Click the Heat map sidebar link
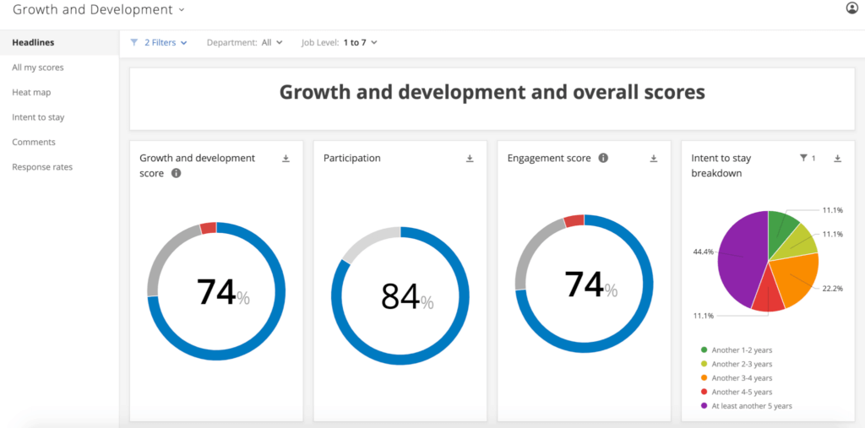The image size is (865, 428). [31, 92]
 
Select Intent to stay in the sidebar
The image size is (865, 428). [38, 117]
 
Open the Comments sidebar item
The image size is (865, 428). [34, 142]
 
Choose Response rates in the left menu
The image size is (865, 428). [42, 167]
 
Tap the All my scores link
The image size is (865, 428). [38, 68]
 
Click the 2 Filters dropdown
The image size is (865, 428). [159, 42]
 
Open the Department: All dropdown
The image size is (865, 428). [244, 42]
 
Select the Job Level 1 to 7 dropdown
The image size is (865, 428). [339, 42]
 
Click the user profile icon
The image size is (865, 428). [851, 8]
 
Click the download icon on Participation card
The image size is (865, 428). [470, 159]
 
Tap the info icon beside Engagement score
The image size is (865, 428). [603, 158]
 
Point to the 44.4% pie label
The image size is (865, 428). [703, 252]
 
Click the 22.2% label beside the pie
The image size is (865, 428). [831, 288]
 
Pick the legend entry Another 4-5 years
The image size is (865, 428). [742, 392]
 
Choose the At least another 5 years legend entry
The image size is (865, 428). [751, 406]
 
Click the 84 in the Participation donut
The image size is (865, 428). [400, 296]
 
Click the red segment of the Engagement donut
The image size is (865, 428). [574, 221]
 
